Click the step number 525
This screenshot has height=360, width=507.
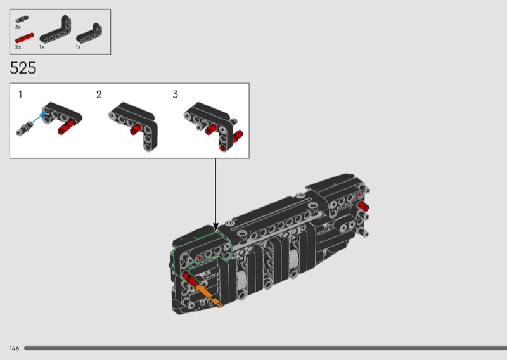(23, 68)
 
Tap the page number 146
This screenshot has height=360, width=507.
(14, 349)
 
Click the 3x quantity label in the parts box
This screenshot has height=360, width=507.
(18, 27)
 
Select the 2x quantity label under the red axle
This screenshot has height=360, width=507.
(18, 47)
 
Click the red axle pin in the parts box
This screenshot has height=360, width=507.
(24, 38)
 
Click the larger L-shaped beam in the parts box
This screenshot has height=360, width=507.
(55, 30)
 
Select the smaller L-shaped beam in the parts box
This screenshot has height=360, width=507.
(89, 34)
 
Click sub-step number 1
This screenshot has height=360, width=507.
(20, 94)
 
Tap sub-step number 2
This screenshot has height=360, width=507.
(99, 94)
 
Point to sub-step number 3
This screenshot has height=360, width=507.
(176, 94)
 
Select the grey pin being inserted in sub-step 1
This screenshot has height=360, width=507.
(24, 128)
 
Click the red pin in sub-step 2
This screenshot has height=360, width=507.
(136, 129)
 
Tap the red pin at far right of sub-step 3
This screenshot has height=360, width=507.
(238, 136)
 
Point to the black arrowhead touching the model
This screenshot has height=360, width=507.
(215, 228)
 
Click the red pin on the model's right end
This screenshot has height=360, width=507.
(363, 205)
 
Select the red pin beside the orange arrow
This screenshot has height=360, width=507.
(189, 279)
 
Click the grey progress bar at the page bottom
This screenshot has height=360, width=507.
(266, 349)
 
